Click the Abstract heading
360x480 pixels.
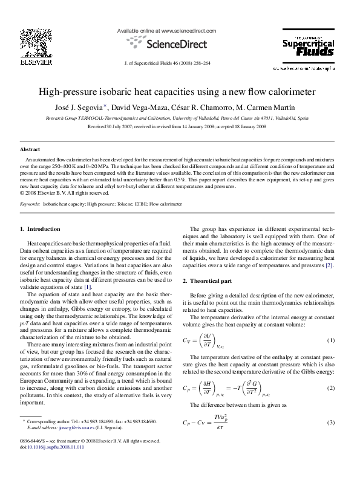click(30, 149)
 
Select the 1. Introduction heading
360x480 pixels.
click(41, 229)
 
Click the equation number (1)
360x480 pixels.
click(330, 340)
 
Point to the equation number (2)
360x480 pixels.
click(330, 388)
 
